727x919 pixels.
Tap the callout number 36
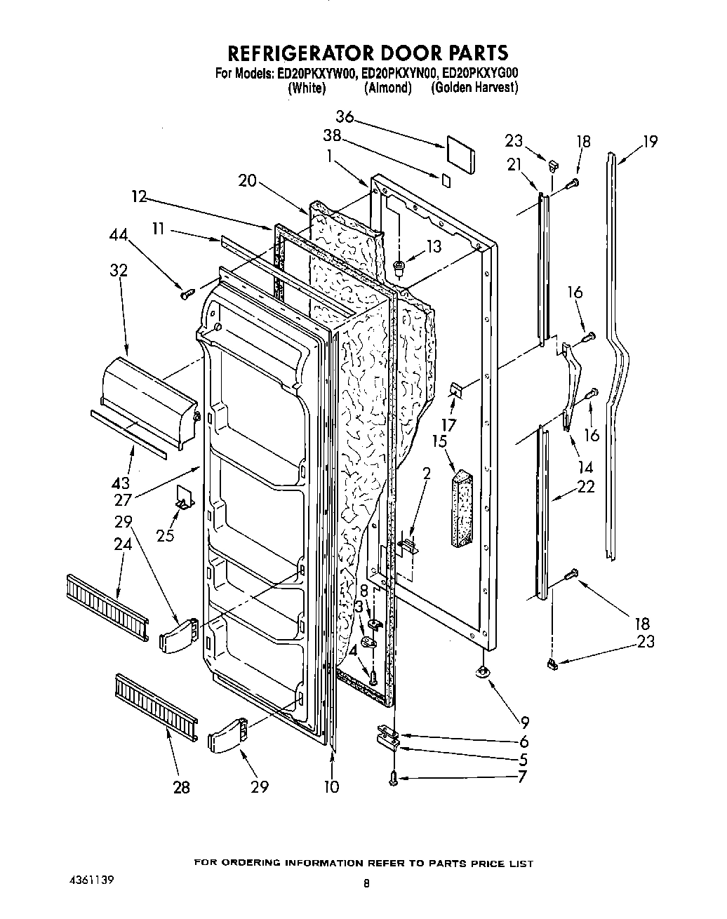click(x=345, y=117)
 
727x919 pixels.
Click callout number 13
click(x=434, y=246)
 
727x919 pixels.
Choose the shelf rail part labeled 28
click(x=155, y=706)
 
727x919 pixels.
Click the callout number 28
click(x=181, y=787)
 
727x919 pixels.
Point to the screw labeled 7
click(x=393, y=777)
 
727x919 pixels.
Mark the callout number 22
click(x=585, y=486)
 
